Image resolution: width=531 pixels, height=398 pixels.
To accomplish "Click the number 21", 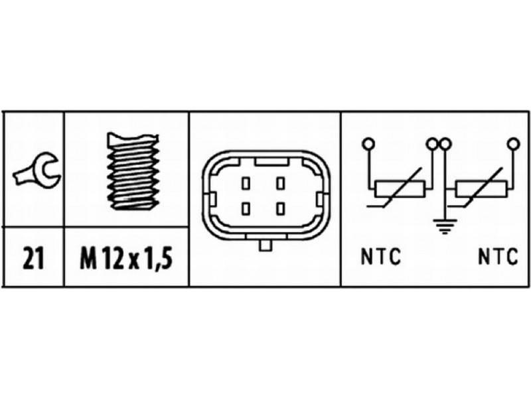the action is click(34, 258).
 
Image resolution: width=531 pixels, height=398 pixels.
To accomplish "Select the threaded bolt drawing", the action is click(133, 171).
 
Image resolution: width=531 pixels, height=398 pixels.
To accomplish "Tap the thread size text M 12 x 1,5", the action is click(126, 258).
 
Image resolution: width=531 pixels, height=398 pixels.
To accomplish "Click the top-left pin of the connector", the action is click(246, 184).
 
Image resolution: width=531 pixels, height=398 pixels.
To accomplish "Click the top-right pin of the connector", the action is click(280, 184).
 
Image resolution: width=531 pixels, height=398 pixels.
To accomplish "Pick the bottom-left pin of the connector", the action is click(246, 208).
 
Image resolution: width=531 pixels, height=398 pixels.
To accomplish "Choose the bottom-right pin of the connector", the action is click(280, 208).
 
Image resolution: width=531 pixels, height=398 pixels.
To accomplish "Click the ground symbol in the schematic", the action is click(445, 226).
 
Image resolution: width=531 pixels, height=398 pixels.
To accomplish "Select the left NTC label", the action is click(381, 257).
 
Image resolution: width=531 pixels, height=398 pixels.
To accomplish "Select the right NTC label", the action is click(498, 257).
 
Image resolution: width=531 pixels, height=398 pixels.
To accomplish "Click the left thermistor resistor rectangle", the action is click(400, 189).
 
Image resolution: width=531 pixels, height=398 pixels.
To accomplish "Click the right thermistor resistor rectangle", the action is click(481, 189).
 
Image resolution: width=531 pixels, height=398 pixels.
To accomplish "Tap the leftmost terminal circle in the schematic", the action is click(368, 144).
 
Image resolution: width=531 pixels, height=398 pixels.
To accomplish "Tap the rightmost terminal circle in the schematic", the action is click(513, 144).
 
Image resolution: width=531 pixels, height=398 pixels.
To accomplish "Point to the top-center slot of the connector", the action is click(271, 162).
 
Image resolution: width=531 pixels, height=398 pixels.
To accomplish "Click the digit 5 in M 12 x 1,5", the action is click(165, 258).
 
